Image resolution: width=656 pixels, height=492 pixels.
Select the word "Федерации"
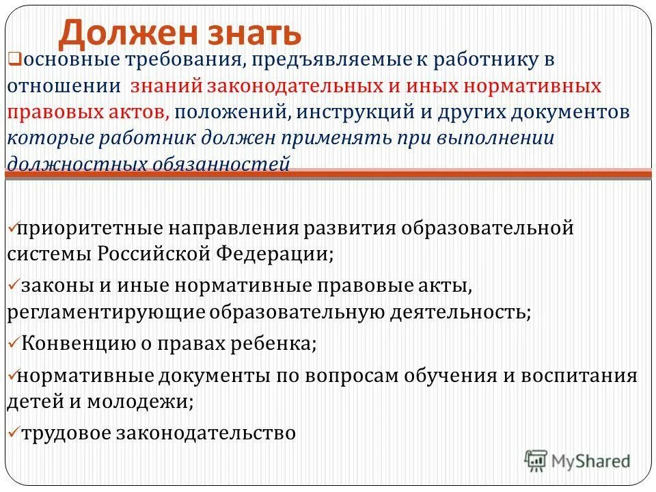coord(274,254)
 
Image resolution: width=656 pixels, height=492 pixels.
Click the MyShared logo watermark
coord(577,461)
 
